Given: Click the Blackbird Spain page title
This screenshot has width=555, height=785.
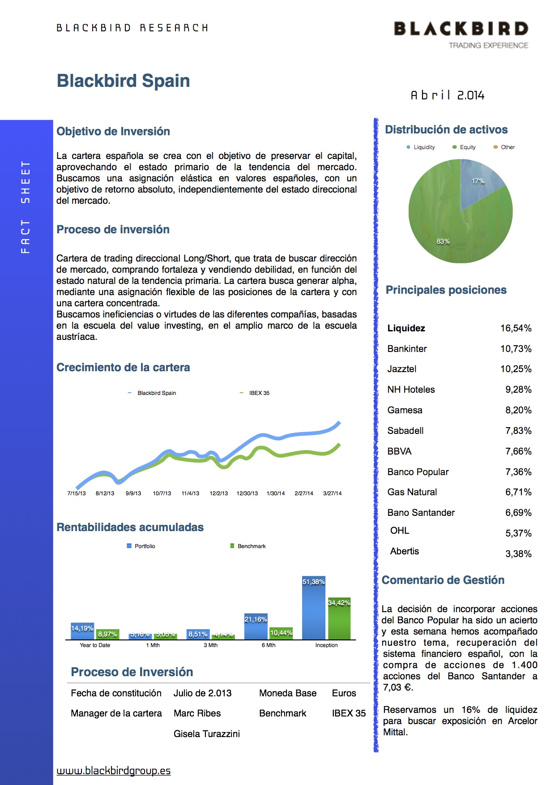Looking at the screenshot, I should pos(123,81).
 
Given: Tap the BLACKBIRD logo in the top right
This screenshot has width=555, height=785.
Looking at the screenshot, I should pos(461,29).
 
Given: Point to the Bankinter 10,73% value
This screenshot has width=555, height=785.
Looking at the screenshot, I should pos(516,349).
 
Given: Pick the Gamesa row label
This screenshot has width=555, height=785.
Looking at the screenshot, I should pos(405,410).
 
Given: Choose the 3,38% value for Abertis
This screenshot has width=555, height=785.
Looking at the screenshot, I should pos(518,554).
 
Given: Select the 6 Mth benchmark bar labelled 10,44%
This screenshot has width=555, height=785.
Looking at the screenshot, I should pos(281,633).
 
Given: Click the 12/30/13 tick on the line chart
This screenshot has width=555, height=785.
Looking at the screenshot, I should pos(247,493).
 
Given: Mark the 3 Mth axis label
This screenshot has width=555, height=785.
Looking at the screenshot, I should pos(210,645).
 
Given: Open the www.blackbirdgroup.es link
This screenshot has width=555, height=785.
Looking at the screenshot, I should pos(114,771).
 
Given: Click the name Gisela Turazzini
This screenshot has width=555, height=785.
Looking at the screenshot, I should pos(207,734).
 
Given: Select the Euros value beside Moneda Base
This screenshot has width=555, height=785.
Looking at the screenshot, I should pos(344,693).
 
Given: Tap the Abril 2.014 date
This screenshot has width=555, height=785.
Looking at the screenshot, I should pos(448,95).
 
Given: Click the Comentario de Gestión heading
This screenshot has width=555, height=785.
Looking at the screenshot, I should pos(443,580).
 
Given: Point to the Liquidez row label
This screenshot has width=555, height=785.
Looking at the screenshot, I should pos(406,328).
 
